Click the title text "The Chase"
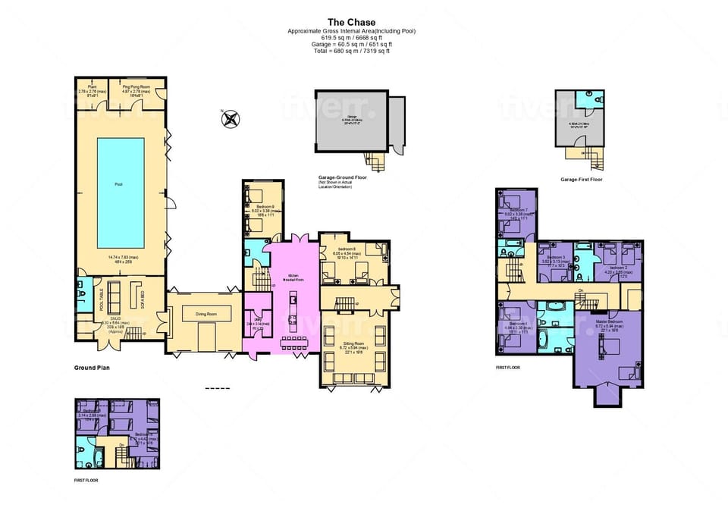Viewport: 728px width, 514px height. tap(351, 22)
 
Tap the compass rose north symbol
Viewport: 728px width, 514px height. tap(231, 118)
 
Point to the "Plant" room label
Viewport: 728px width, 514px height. tap(92, 87)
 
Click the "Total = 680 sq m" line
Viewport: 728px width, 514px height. tap(351, 50)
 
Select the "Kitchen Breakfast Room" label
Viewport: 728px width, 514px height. tap(292, 277)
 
